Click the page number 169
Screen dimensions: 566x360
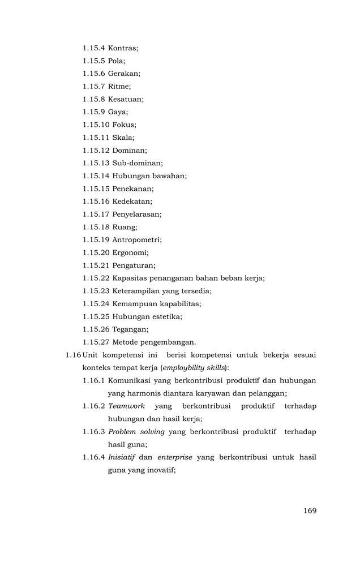pos(309,511)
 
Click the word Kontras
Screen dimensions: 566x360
pos(122,48)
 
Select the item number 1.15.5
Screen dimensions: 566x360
pos(93,61)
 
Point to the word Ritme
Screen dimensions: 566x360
pos(119,86)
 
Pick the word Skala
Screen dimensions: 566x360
pos(123,138)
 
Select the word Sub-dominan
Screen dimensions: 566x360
pos(136,163)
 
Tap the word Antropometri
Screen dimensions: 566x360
pos(136,239)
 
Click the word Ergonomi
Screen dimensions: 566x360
pos(130,252)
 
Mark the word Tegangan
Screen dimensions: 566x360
pos(130,329)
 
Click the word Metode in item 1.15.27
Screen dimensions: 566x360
pos(126,342)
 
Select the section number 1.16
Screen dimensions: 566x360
pos(73,355)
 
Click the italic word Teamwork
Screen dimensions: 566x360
pos(126,406)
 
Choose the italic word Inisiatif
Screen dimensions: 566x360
pos(121,457)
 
